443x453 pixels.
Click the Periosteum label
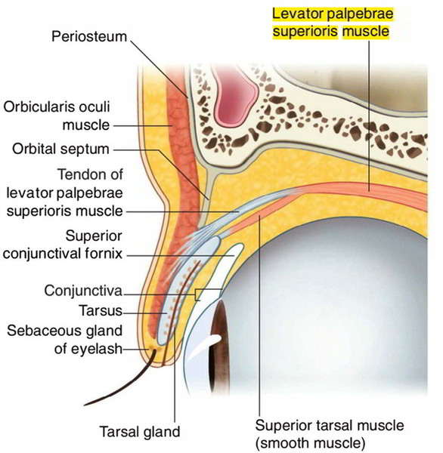[89, 37]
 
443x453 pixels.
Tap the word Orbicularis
[39, 107]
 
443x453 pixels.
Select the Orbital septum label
[60, 149]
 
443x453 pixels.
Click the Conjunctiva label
[83, 291]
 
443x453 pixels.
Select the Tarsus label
[101, 310]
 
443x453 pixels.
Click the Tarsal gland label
[140, 432]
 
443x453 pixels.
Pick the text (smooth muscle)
[310, 443]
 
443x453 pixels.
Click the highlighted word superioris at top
[305, 31]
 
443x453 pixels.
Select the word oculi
[94, 107]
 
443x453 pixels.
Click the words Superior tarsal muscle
[330, 425]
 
